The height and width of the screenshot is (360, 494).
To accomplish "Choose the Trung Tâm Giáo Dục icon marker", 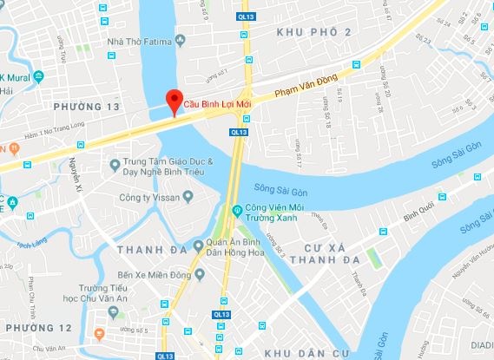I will [114, 164].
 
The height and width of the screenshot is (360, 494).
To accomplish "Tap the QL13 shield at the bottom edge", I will [165, 355].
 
